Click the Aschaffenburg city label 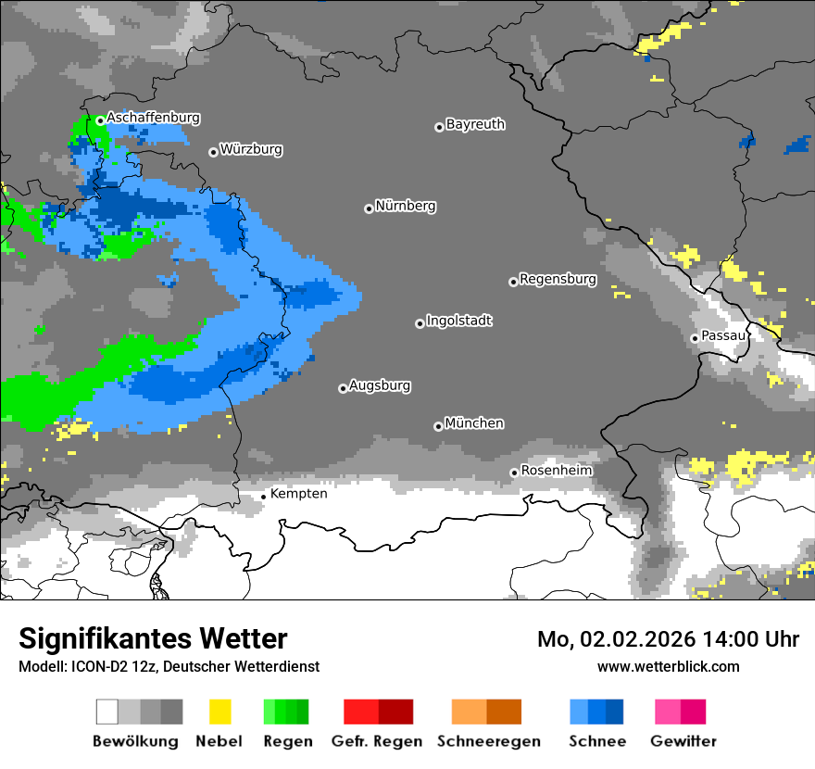pyautogui.click(x=153, y=119)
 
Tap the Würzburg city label pyautogui.click(x=251, y=149)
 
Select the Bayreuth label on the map pyautogui.click(x=475, y=124)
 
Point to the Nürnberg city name pyautogui.click(x=406, y=207)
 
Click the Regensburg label pyautogui.click(x=558, y=279)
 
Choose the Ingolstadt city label pyautogui.click(x=459, y=321)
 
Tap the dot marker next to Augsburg pyautogui.click(x=343, y=388)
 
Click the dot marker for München pyautogui.click(x=438, y=426)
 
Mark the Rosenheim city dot pyautogui.click(x=514, y=473)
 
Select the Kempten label pyautogui.click(x=298, y=494)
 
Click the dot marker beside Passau pyautogui.click(x=695, y=338)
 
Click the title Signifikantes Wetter pyautogui.click(x=153, y=639)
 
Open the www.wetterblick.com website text pyautogui.click(x=668, y=666)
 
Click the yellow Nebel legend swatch pyautogui.click(x=219, y=712)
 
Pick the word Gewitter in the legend pyautogui.click(x=683, y=741)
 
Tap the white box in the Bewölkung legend pyautogui.click(x=107, y=712)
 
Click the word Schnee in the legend pyautogui.click(x=596, y=741)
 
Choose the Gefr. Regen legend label pyautogui.click(x=377, y=741)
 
